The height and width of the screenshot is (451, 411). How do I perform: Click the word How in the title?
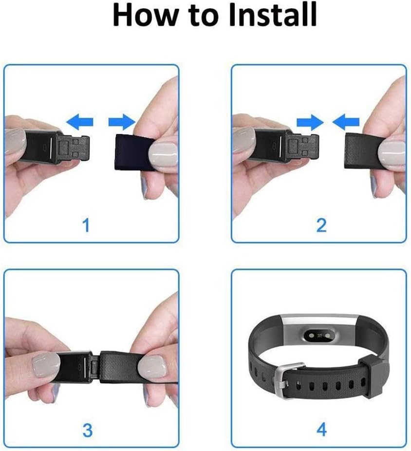point(141,16)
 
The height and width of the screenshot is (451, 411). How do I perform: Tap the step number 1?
point(86,225)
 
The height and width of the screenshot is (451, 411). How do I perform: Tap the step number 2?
point(321,225)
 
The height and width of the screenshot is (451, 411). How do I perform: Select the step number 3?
point(87,430)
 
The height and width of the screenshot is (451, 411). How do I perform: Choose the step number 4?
point(321,430)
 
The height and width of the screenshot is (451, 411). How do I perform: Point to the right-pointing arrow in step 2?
point(310,121)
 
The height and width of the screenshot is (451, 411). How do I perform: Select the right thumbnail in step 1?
point(163,154)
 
